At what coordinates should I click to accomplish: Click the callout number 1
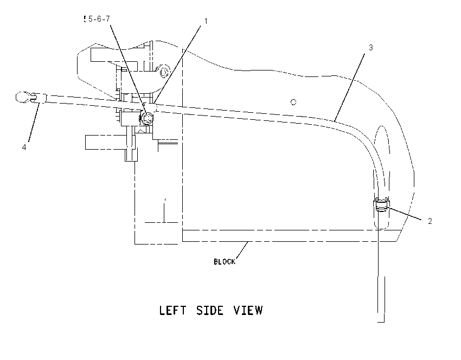206,21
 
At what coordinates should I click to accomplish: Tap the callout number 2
430,221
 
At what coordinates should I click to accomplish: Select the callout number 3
371,47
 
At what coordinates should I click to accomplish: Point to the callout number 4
24,147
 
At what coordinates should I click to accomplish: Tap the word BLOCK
225,261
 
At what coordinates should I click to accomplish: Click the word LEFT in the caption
172,310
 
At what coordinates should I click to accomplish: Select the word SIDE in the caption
210,310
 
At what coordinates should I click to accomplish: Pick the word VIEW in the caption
248,310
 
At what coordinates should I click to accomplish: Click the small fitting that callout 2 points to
381,204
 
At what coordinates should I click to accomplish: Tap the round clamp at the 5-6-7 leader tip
147,118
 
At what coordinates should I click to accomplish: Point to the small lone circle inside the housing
293,102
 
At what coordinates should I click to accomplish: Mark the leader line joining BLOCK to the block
242,250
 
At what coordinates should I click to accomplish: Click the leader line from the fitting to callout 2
404,214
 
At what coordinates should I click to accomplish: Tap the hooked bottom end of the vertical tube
382,322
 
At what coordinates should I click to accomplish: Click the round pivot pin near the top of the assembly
164,72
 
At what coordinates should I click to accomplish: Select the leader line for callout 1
177,65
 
